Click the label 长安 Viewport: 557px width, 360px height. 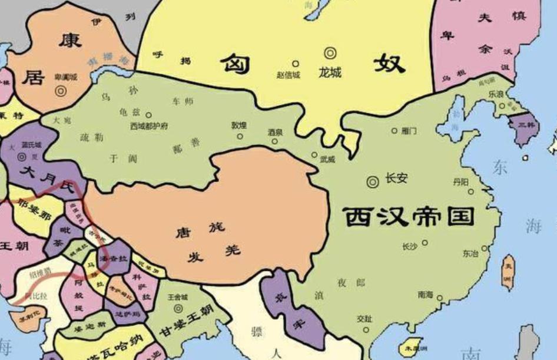[396, 178]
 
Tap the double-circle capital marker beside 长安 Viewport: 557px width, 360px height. [373, 182]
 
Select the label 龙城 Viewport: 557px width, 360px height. [330, 74]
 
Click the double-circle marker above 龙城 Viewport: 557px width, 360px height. [330, 54]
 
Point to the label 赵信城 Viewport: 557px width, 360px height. [288, 75]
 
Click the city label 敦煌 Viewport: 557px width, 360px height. [239, 125]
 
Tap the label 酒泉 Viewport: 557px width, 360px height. [275, 133]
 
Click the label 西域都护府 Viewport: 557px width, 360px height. [149, 125]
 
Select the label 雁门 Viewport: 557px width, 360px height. [409, 130]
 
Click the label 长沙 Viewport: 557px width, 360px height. [410, 246]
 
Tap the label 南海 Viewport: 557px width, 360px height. [426, 293]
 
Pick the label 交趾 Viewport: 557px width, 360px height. [364, 319]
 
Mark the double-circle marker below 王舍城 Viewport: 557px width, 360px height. [177, 308]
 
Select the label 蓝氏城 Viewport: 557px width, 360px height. [31, 144]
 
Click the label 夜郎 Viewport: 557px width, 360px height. [351, 283]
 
